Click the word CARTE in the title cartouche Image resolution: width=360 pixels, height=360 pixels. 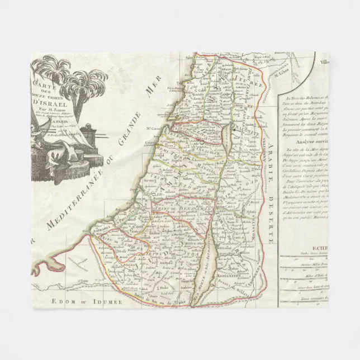point(44,84)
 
